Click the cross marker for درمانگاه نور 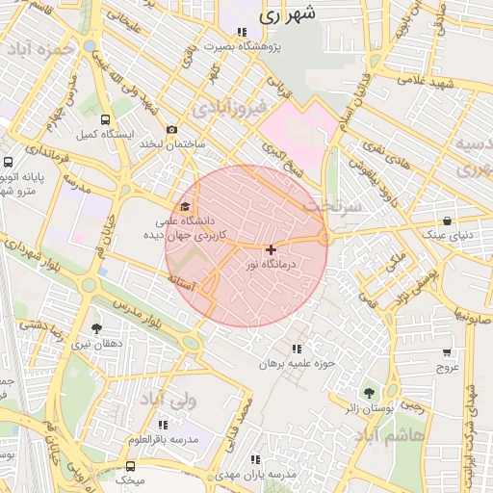(271, 249)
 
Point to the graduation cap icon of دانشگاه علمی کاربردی (185, 206)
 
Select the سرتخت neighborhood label (329, 207)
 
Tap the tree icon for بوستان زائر (368, 392)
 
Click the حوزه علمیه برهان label (295, 364)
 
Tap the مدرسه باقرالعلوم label (163, 439)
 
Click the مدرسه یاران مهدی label (255, 476)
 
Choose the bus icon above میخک (131, 464)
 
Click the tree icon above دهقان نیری (95, 329)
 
